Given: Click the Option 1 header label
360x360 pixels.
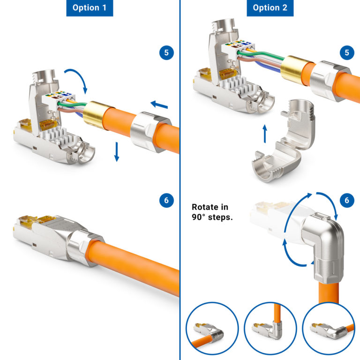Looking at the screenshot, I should coord(90,8).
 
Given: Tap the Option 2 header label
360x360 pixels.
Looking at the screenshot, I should coord(270,8).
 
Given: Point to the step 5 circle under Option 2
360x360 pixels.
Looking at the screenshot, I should coord(346,52).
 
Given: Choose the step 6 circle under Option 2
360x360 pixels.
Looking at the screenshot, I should coord(346,201).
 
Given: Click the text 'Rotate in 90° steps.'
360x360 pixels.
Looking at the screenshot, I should coord(212,211).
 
